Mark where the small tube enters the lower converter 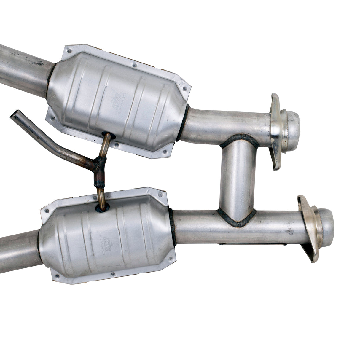point(101,208)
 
